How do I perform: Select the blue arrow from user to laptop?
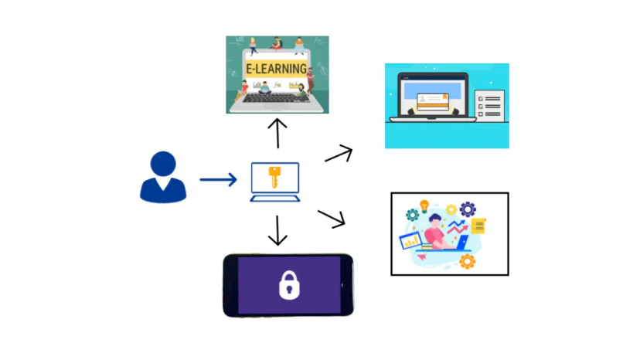(x=218, y=180)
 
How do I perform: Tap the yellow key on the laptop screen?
(x=274, y=178)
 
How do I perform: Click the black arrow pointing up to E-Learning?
(x=277, y=132)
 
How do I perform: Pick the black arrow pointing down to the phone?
(x=277, y=230)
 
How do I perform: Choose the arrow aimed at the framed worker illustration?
(x=332, y=219)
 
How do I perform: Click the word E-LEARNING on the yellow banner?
(x=276, y=69)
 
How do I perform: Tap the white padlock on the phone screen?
(x=288, y=287)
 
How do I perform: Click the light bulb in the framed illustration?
(x=424, y=206)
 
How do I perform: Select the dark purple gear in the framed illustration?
(x=468, y=209)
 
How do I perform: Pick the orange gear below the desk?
(x=467, y=261)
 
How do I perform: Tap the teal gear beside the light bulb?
(x=413, y=215)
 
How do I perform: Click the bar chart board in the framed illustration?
(x=410, y=241)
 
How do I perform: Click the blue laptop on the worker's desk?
(x=462, y=243)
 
